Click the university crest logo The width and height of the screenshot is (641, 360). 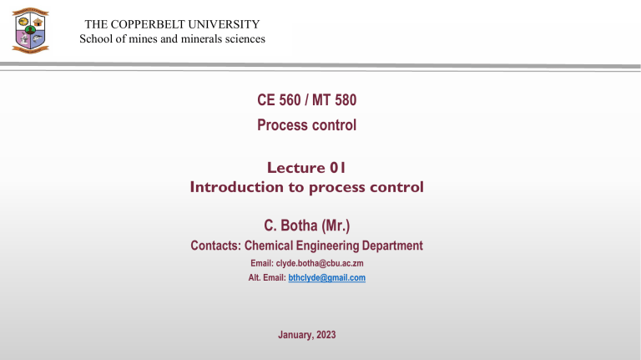[31, 30]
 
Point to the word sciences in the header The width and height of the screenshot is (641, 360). [245, 39]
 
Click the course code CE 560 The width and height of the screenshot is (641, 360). [279, 100]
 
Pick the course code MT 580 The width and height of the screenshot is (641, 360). [334, 100]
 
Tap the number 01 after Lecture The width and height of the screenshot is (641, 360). [338, 168]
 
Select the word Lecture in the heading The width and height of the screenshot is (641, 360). [296, 168]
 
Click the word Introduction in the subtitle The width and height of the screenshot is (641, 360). [237, 187]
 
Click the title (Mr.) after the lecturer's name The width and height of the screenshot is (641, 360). [336, 226]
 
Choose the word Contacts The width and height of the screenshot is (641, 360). [216, 246]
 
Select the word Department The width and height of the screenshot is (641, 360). [392, 246]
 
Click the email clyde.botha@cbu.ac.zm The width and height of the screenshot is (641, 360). [320, 263]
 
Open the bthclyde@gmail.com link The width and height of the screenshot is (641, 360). [327, 278]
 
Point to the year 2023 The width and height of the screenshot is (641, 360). [326, 335]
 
